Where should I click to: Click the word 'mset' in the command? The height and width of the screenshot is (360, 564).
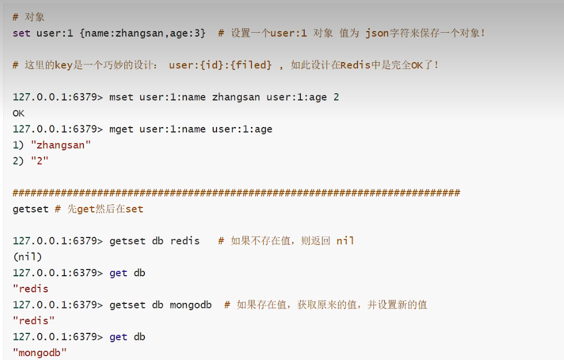tap(122, 97)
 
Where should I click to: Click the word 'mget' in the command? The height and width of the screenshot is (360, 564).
tap(122, 129)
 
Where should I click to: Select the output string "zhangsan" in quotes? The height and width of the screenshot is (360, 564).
tap(61, 145)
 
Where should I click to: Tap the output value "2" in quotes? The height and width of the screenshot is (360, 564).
tap(39, 161)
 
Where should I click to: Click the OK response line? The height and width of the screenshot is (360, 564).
tap(18, 113)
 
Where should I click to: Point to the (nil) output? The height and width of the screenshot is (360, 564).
tap(27, 257)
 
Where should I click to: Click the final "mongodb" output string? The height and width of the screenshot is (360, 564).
tap(39, 353)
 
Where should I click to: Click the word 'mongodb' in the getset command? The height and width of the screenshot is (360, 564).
tap(190, 305)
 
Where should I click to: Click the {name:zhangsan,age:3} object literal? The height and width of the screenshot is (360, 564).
tap(143, 33)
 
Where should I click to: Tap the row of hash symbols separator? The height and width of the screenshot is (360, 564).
tap(236, 193)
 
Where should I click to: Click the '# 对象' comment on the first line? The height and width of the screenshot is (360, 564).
tap(28, 17)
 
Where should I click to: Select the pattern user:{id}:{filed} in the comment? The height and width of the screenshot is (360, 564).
tap(220, 65)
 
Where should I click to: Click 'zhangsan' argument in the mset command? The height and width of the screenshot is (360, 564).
tap(236, 97)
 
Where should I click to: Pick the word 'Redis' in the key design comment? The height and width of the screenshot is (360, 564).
tap(356, 65)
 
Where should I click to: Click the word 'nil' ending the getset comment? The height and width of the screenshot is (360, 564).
tap(345, 241)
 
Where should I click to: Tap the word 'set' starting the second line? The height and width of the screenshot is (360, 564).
tap(21, 33)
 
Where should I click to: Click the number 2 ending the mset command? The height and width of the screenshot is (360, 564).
tap(336, 97)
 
